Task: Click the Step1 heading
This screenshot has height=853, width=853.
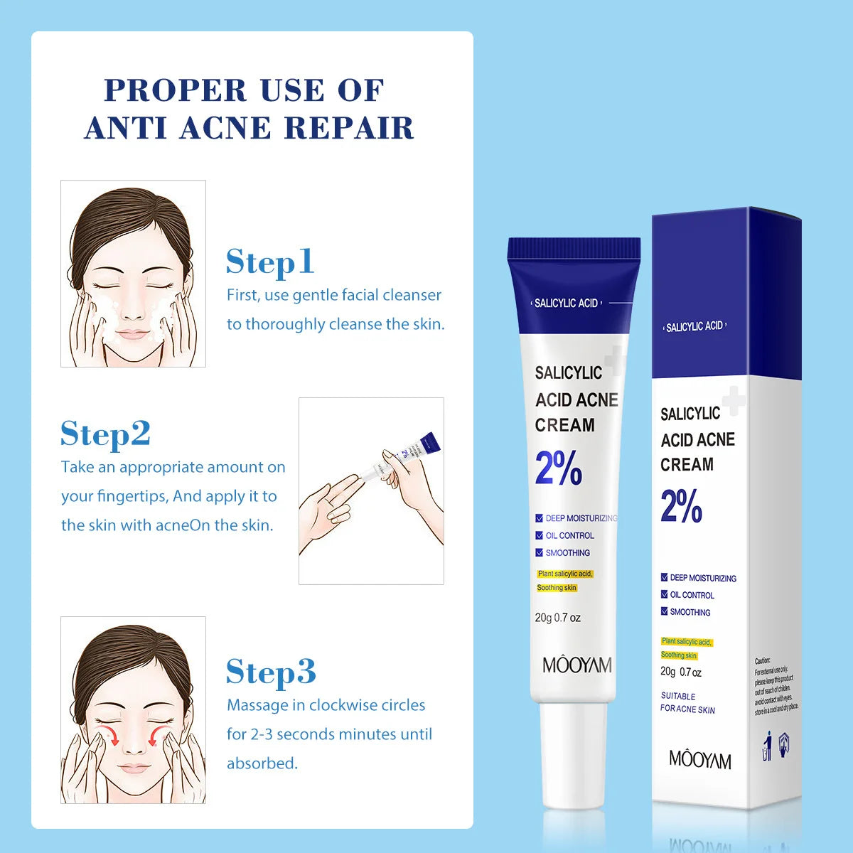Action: pos(270,262)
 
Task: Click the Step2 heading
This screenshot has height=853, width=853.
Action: pos(105,434)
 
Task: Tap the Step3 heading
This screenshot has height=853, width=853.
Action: pos(271,672)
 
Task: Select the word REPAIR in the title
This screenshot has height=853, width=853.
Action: pos(349,128)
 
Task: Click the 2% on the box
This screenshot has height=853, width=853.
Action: pos(681,506)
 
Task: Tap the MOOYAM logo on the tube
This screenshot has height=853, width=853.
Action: pos(576,665)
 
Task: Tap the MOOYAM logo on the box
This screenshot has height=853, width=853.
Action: pos(699,760)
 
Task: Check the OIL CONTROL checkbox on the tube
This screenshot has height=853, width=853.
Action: pos(540,535)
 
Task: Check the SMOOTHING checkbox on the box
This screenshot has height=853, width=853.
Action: pos(664,611)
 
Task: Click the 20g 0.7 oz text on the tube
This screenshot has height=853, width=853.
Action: pos(557,618)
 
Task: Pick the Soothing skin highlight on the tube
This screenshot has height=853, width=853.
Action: pos(557,588)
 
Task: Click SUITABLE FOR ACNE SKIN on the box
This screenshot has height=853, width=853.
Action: pos(687,703)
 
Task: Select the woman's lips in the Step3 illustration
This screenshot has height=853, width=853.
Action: pos(132,768)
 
